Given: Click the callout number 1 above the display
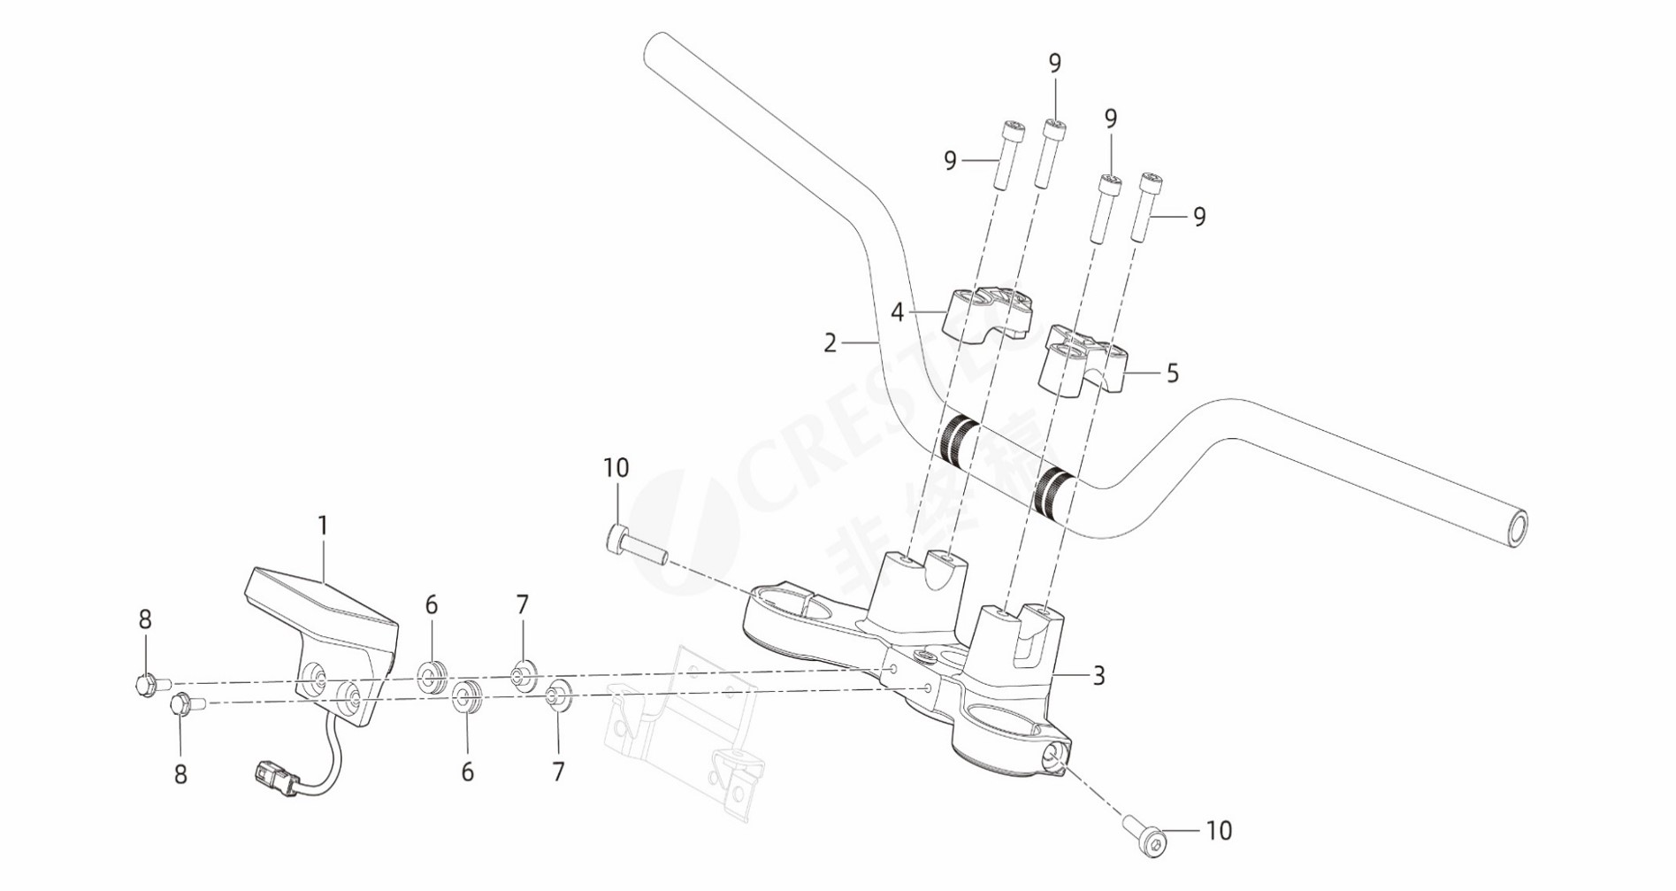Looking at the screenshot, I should pyautogui.click(x=323, y=526).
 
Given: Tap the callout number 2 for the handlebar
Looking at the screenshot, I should pyautogui.click(x=830, y=343).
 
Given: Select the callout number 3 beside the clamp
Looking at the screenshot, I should pyautogui.click(x=1098, y=676).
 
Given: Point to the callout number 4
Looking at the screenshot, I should pyautogui.click(x=897, y=312).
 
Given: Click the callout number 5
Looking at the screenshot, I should pyautogui.click(x=1173, y=373).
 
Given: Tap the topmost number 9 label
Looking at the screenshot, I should pyautogui.click(x=1054, y=64).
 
